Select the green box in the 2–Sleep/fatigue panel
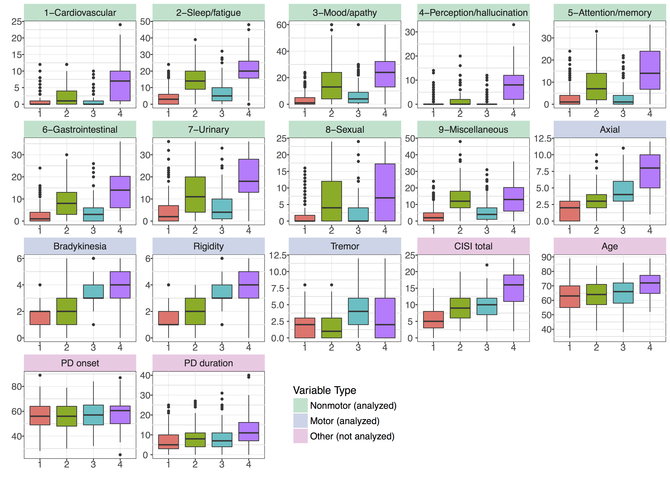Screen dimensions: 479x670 click(x=195, y=80)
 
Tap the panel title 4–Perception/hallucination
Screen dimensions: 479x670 click(x=473, y=13)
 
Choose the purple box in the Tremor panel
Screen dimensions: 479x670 click(x=385, y=318)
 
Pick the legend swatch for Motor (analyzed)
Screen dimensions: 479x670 click(x=300, y=421)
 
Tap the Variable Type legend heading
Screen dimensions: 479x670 click(x=324, y=390)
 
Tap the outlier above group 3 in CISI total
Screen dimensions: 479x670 click(x=487, y=265)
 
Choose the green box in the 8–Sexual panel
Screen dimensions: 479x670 click(x=331, y=201)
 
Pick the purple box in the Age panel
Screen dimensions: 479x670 click(x=650, y=284)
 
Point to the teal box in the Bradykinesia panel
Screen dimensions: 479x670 click(x=93, y=291)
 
